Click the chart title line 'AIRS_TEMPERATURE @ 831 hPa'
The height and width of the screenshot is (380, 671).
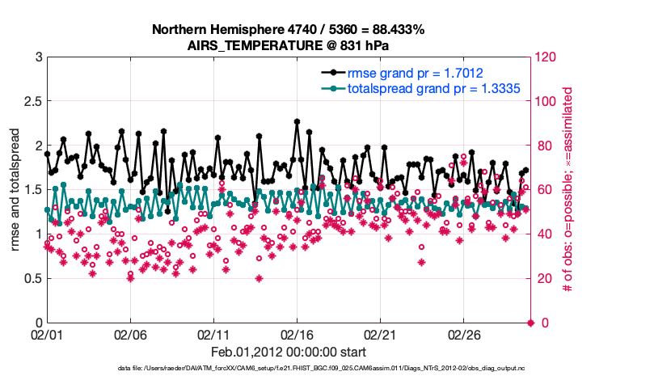click(x=289, y=45)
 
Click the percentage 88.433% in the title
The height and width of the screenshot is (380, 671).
click(x=396, y=29)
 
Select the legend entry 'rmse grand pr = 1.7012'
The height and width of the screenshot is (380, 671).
click(x=416, y=73)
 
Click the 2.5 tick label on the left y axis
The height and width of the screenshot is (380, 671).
click(x=32, y=102)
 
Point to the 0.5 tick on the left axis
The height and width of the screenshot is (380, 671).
click(x=32, y=279)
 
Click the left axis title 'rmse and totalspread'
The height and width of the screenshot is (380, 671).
click(x=15, y=190)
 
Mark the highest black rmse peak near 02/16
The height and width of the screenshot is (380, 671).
click(x=298, y=122)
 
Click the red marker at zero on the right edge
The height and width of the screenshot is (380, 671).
click(x=530, y=323)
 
